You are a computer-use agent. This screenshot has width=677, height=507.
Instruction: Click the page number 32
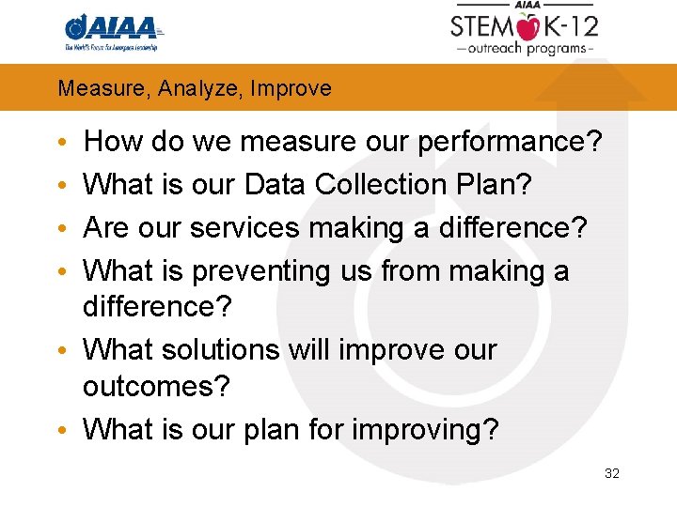(x=612, y=473)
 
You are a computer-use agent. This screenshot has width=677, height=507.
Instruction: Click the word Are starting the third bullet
(x=108, y=228)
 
